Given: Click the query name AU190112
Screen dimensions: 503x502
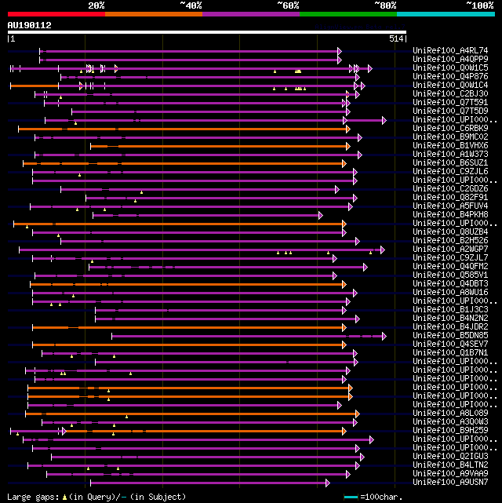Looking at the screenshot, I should [x=29, y=25].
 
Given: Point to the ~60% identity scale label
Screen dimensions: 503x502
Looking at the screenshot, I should [x=288, y=5].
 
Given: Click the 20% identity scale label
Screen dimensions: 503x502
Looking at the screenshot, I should [x=96, y=5].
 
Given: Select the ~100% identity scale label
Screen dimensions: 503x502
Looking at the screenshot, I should [x=478, y=5].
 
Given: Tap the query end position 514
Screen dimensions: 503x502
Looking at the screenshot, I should [x=396, y=38].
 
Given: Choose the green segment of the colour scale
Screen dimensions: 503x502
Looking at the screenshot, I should [x=347, y=13].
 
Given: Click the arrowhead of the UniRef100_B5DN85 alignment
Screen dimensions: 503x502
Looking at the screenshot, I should [x=384, y=336].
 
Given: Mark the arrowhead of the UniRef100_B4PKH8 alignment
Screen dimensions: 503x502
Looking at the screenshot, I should [x=320, y=215].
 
